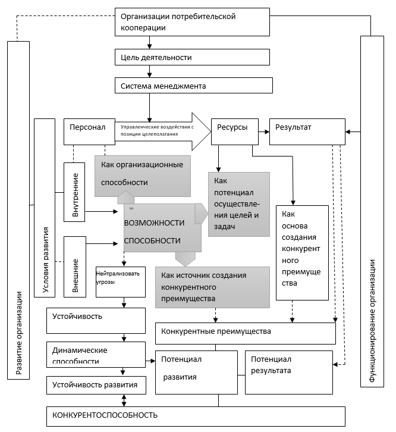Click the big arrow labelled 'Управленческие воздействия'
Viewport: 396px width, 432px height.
coord(161,132)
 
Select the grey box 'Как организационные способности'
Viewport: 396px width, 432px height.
coord(142,173)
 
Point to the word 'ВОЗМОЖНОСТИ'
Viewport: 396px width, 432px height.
coord(154,223)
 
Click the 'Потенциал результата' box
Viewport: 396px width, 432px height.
coord(289,371)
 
